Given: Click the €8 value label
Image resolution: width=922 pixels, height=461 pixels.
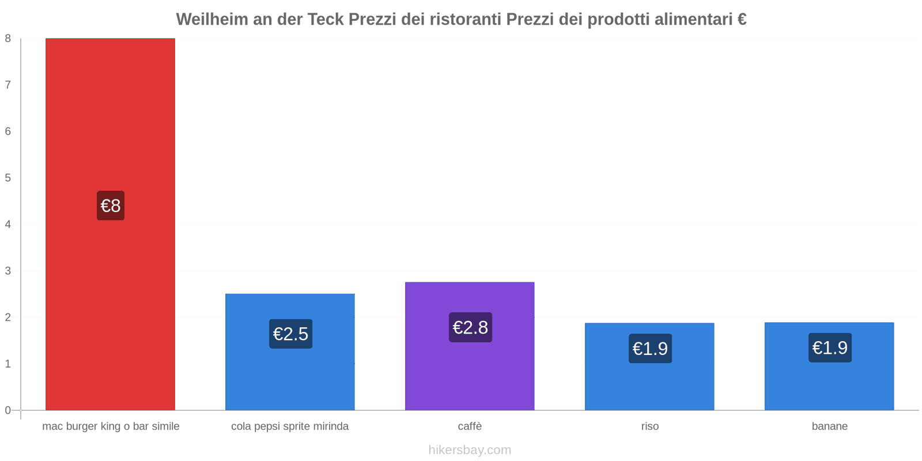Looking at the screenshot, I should (x=111, y=206).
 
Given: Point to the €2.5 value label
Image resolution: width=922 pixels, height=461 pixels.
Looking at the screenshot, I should (x=290, y=334).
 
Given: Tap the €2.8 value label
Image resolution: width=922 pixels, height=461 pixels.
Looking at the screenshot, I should (x=470, y=327).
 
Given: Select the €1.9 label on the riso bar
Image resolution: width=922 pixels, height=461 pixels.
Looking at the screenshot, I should (x=650, y=349).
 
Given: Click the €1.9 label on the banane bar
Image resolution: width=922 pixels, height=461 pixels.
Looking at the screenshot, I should (x=830, y=347).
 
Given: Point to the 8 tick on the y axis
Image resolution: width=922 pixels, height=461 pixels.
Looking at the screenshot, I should (x=8, y=39).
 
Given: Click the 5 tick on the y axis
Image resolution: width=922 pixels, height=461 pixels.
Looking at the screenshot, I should (x=8, y=178).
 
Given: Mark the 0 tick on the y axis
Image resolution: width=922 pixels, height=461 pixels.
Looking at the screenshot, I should (x=8, y=410).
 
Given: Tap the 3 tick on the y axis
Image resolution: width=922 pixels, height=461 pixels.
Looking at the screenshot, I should (x=8, y=271).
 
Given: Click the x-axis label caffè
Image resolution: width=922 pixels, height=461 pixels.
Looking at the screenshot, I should (x=470, y=426).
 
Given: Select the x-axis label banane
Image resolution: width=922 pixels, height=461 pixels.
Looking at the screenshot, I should (x=829, y=426).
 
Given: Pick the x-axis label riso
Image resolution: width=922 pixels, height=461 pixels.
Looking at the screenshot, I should (x=649, y=426).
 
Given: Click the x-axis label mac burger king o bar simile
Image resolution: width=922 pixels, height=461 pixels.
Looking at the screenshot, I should (x=111, y=426).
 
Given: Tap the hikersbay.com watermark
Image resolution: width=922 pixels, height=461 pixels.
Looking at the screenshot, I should (x=470, y=450).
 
